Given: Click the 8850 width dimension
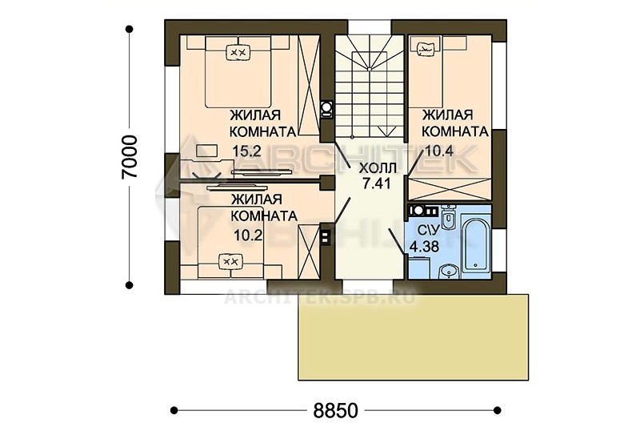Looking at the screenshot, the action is (x=335, y=411).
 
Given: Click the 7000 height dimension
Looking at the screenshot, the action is (x=130, y=156).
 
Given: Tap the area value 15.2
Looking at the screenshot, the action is (x=246, y=151).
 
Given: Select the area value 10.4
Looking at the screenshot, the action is (x=439, y=151).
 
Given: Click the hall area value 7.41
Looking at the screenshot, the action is (x=377, y=183).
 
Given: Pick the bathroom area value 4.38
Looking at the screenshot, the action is (x=425, y=247).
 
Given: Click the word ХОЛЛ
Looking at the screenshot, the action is (x=377, y=168).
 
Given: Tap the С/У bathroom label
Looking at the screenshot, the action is (x=428, y=230).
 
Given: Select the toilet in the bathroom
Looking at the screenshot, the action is (x=448, y=216).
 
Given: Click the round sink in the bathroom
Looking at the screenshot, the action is (x=449, y=271).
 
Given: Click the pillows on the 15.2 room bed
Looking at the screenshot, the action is (x=238, y=52).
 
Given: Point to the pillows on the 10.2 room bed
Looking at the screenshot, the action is (x=231, y=261).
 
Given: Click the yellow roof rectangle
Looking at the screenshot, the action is (x=414, y=337).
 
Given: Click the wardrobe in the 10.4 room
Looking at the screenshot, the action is (x=450, y=189).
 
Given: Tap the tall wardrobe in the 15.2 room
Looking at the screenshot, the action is (x=308, y=85).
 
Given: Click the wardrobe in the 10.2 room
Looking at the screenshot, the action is (x=308, y=252).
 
